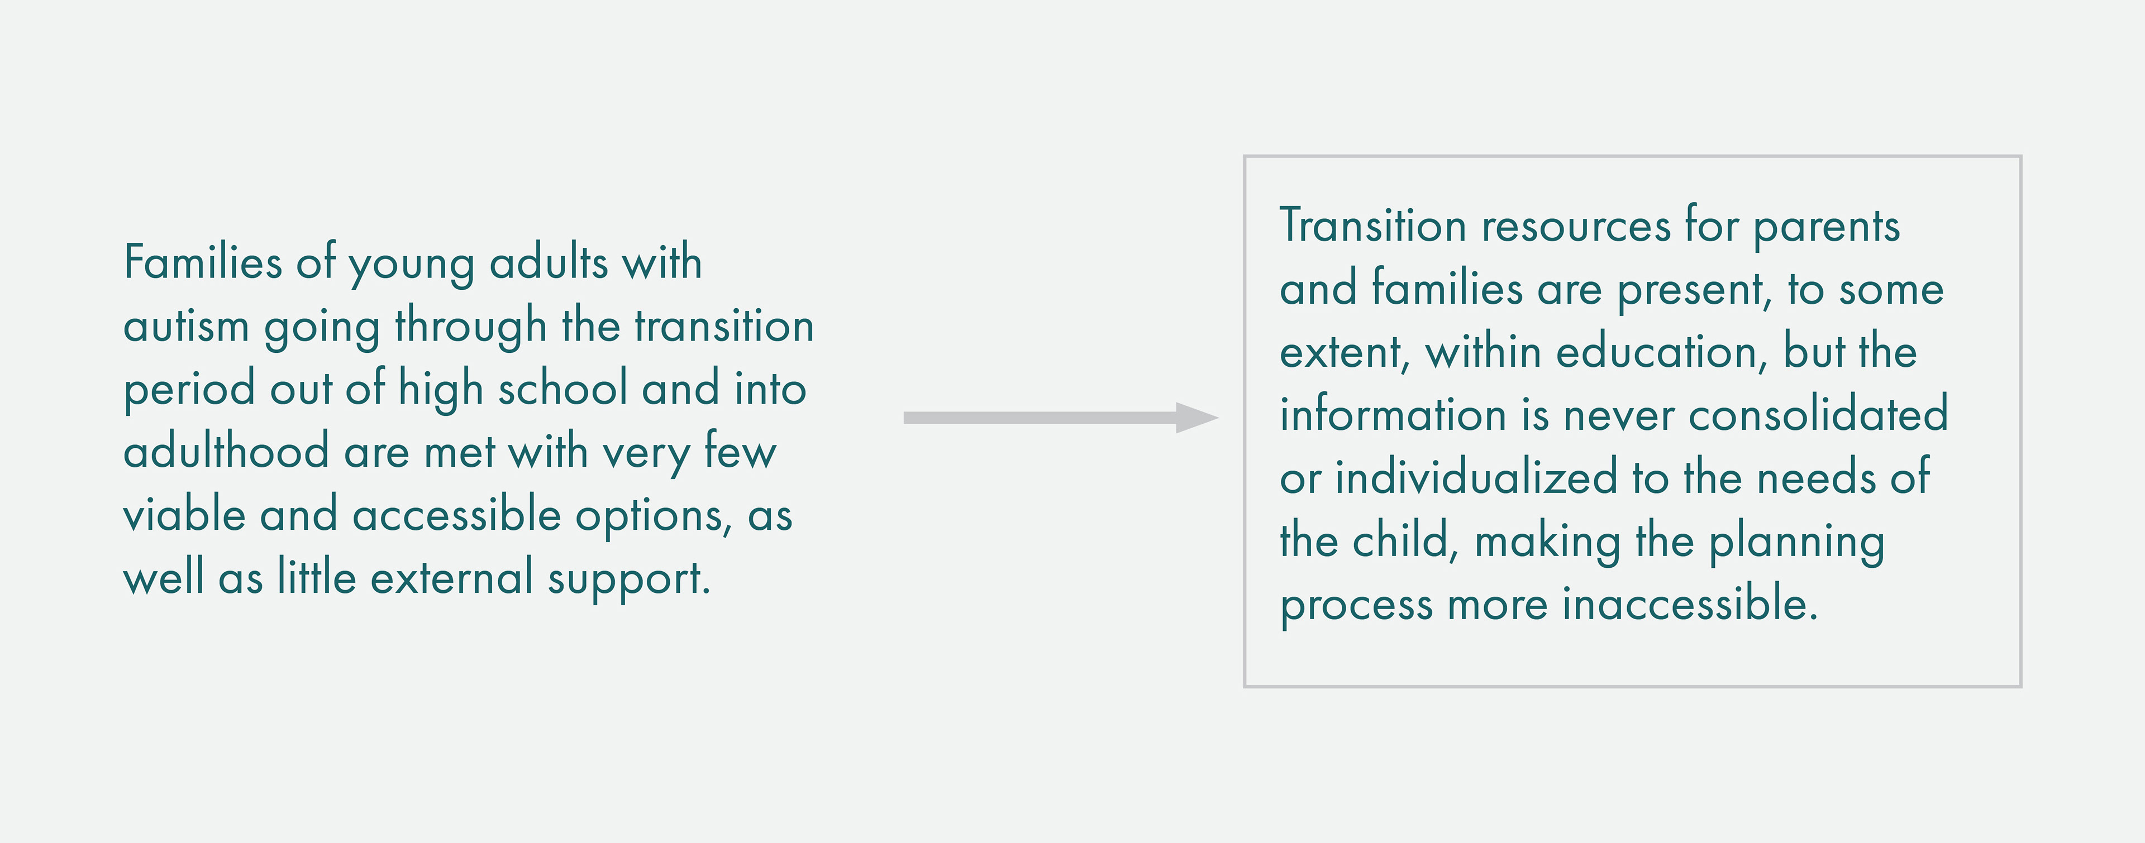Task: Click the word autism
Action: point(187,325)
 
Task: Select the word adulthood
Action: point(226,451)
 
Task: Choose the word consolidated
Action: point(1819,414)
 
